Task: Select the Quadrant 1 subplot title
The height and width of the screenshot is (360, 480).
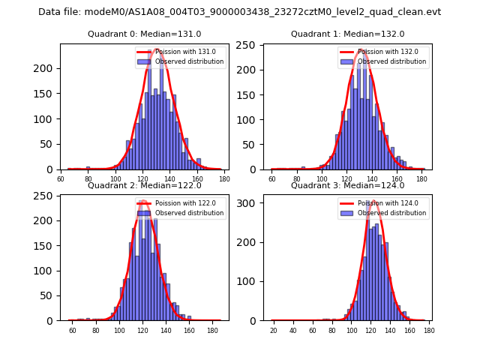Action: tap(347, 34)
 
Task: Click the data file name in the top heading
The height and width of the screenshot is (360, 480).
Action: tap(239, 12)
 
